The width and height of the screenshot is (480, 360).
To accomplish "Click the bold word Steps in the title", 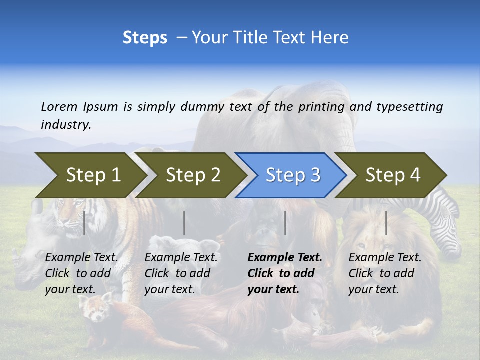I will pyautogui.click(x=145, y=37).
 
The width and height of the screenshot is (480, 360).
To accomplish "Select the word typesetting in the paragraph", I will pyautogui.click(x=409, y=106).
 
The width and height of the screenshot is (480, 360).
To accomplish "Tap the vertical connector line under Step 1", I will pyautogui.click(x=84, y=223).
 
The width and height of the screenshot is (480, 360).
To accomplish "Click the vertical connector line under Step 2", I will pyautogui.click(x=184, y=223).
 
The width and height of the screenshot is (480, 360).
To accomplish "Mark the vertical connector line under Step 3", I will pyautogui.click(x=285, y=223).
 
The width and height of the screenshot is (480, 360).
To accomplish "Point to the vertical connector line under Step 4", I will pyautogui.click(x=386, y=223).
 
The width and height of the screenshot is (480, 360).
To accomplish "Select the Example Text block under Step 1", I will pyautogui.click(x=81, y=273).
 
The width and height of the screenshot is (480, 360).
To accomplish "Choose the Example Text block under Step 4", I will pyautogui.click(x=385, y=273).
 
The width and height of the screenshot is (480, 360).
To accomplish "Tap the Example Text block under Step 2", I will pyautogui.click(x=181, y=273).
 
